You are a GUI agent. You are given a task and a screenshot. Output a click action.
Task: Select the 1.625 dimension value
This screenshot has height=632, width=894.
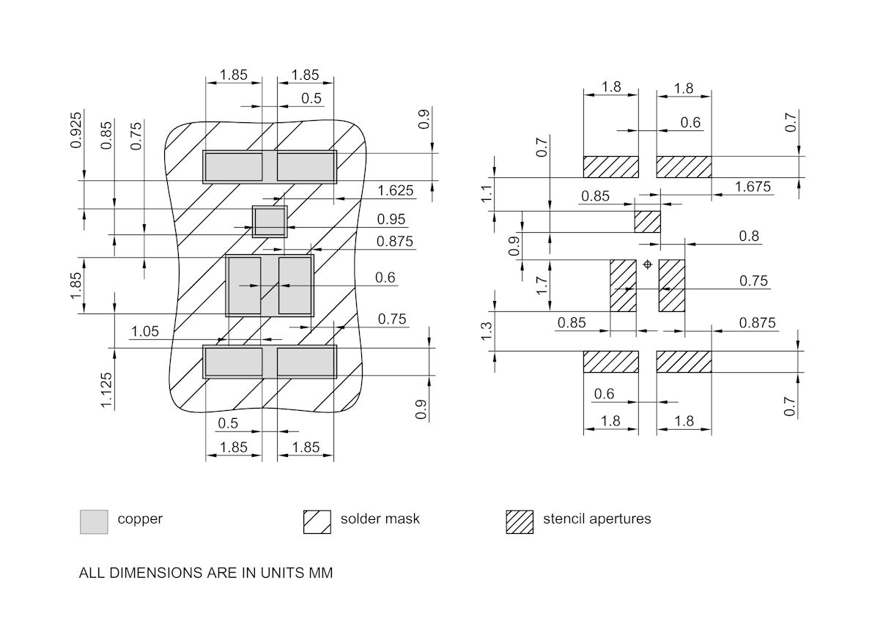tap(396, 191)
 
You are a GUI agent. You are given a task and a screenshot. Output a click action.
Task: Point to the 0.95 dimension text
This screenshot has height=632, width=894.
tap(391, 220)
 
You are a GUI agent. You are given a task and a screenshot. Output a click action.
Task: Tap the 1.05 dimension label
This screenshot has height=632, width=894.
tap(145, 332)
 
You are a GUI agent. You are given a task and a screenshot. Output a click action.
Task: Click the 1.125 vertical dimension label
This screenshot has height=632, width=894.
tap(108, 390)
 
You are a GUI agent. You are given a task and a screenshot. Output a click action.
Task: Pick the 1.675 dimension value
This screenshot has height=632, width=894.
tap(753, 187)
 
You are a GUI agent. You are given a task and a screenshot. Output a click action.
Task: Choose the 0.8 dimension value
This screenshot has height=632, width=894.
tap(749, 237)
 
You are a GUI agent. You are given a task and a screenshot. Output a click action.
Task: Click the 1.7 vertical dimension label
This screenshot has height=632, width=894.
tap(542, 285)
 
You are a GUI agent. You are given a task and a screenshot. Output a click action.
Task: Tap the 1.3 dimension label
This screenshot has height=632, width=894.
tap(487, 332)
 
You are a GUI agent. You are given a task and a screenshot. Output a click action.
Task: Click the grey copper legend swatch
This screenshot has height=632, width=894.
tap(94, 521)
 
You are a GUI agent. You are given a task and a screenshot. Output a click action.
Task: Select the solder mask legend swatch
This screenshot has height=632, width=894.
tap(317, 521)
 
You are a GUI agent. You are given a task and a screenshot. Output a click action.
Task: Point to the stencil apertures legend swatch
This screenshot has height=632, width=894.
tap(520, 521)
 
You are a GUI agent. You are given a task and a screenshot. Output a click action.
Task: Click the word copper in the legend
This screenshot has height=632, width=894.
tap(140, 519)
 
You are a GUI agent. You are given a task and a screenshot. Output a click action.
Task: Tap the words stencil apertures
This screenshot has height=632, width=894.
tap(596, 519)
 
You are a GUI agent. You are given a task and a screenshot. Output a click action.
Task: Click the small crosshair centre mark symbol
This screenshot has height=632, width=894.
tap(647, 264)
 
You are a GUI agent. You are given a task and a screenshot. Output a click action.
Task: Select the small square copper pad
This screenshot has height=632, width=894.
tap(270, 221)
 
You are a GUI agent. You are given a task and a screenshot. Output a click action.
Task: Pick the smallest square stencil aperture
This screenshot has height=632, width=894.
tap(647, 221)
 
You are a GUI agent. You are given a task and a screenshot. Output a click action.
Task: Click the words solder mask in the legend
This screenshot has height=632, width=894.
tap(380, 519)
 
